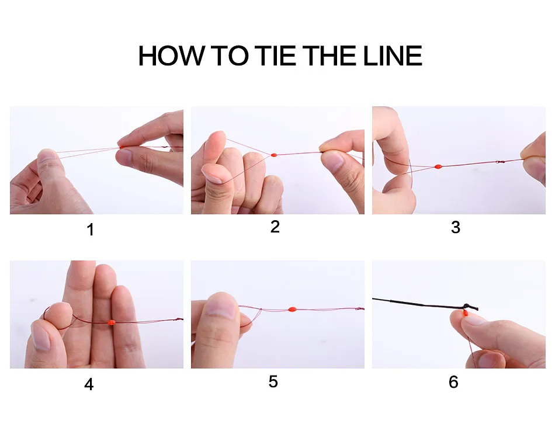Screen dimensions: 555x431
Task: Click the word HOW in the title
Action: tap(172, 56)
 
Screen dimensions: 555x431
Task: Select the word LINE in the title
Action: tap(393, 56)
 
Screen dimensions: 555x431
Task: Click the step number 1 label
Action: tap(91, 230)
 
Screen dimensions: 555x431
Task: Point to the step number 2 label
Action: tap(275, 227)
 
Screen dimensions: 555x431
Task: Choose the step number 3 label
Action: tap(456, 227)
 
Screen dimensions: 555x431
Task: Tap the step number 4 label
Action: tap(89, 384)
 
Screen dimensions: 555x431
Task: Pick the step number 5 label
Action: tap(273, 382)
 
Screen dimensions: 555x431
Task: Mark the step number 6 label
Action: tap(453, 382)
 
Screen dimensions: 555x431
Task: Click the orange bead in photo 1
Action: tap(122, 147)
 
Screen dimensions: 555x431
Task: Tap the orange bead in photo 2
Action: tap(273, 155)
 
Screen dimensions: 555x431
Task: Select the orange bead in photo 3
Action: tap(438, 166)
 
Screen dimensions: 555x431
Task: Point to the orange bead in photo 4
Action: tap(111, 323)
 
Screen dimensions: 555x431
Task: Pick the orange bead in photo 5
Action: tap(292, 310)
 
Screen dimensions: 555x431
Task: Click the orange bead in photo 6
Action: tap(465, 313)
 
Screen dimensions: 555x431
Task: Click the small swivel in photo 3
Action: tap(500, 162)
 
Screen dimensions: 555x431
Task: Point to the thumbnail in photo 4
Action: tap(41, 336)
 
